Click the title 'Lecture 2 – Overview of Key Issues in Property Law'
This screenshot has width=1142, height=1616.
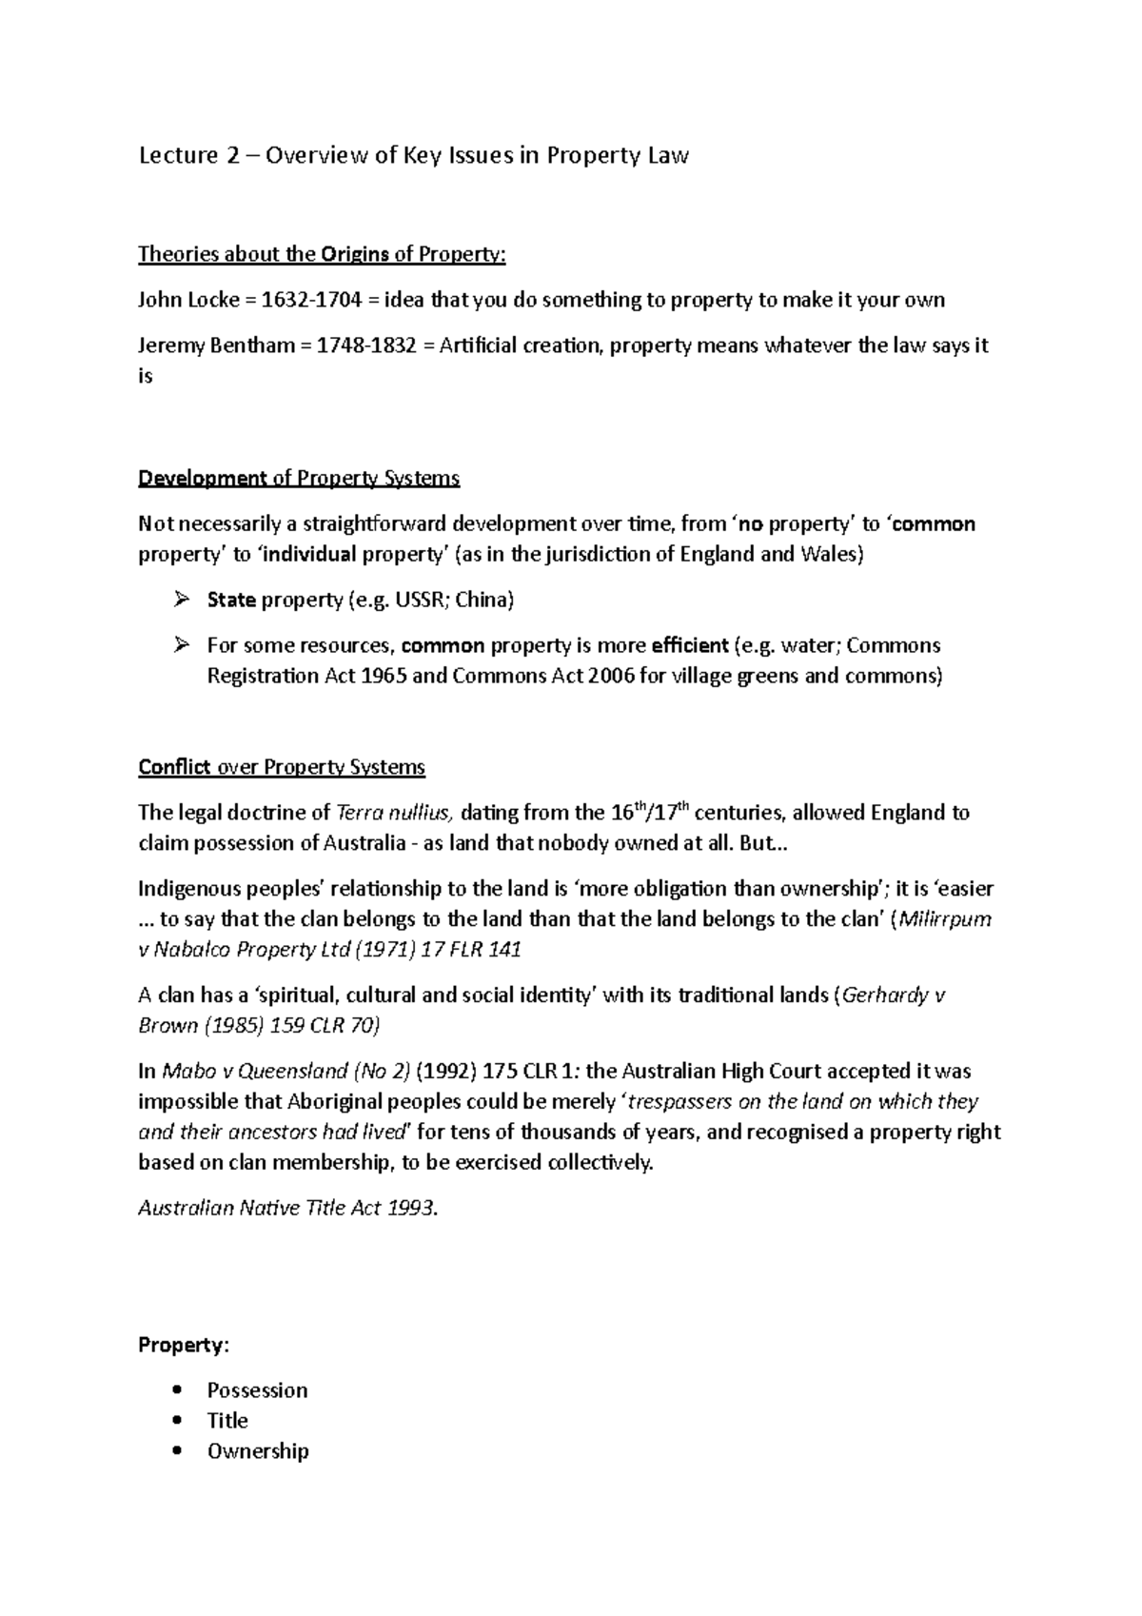coord(413,156)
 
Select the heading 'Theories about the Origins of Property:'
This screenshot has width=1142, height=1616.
coord(323,254)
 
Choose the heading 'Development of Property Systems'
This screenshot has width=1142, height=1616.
coord(299,478)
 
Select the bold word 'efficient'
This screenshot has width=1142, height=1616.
coord(689,646)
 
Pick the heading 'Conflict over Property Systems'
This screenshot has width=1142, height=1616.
coord(282,767)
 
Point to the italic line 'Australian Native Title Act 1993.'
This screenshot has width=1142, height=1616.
coord(289,1209)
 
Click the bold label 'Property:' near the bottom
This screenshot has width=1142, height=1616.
coord(184,1346)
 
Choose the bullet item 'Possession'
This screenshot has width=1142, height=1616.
coord(257,1390)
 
